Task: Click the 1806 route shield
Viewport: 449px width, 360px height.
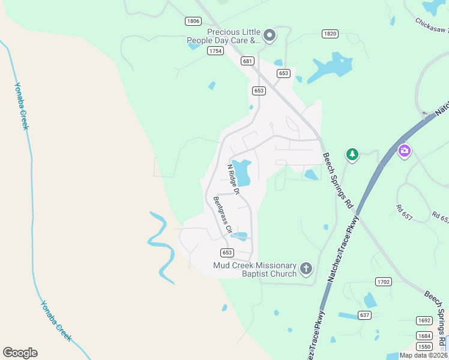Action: point(193,21)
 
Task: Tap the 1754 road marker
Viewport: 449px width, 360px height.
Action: point(215,51)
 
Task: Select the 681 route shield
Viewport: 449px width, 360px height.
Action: point(247,61)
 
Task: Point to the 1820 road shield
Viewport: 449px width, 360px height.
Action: point(329,34)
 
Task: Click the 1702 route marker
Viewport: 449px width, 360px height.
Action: point(383,281)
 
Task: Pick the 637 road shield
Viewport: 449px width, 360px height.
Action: point(364,315)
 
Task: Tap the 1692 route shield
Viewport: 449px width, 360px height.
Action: point(424,320)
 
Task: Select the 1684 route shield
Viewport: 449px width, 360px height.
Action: point(424,335)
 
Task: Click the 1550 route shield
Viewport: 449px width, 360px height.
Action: point(424,347)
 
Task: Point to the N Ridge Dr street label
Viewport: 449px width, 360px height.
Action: point(233,179)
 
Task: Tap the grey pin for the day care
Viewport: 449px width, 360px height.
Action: point(270,36)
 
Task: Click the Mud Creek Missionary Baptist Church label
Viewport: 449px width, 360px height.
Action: point(255,269)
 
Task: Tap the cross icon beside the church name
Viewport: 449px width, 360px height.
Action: point(306,268)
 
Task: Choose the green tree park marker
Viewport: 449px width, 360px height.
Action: point(352,155)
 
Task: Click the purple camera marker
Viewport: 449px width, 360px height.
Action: point(405,150)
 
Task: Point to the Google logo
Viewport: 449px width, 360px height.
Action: point(20,353)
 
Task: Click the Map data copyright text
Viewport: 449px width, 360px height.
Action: point(424,355)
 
